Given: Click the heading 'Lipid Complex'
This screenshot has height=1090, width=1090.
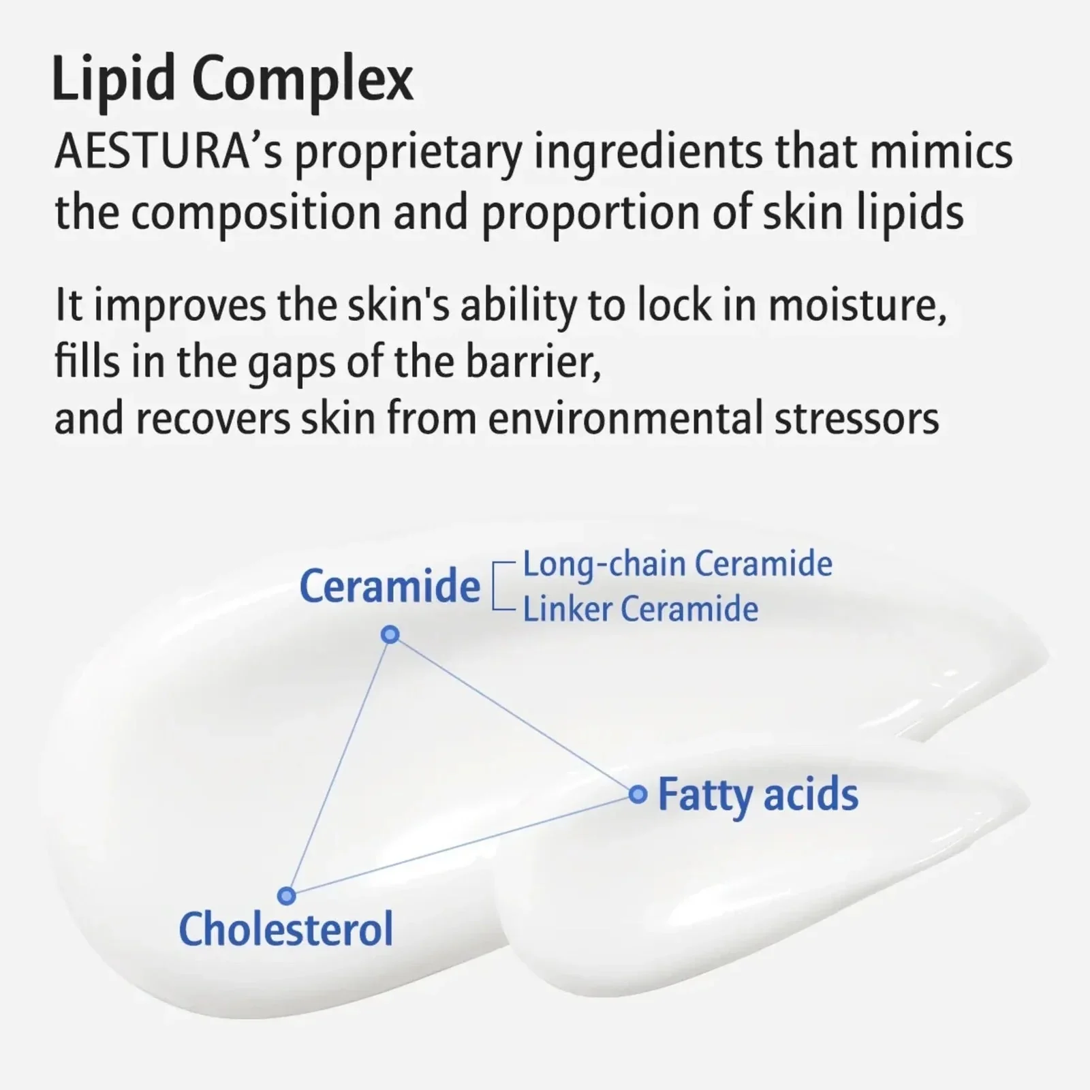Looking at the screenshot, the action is click(x=233, y=80).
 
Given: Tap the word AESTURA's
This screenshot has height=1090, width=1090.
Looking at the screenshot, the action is click(x=168, y=152).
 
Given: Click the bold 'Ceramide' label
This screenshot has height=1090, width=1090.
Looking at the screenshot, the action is click(x=390, y=586).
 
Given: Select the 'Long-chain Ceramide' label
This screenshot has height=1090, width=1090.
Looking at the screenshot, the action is click(x=677, y=565).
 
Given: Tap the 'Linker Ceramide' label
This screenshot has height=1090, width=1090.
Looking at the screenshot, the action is click(x=640, y=608).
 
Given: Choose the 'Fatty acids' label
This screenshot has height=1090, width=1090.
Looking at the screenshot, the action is click(x=758, y=796).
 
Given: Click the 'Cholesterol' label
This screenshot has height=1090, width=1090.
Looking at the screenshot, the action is click(x=286, y=929).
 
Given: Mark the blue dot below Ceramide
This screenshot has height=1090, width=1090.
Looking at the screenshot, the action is click(x=390, y=635).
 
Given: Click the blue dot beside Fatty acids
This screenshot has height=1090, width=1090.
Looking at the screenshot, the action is click(x=638, y=794).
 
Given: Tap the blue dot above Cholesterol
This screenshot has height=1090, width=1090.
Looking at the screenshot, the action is click(x=287, y=895).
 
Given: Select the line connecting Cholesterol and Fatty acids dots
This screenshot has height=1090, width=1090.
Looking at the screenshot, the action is click(x=463, y=845).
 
